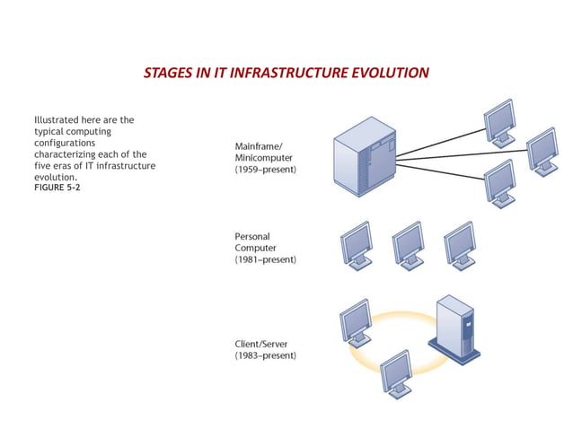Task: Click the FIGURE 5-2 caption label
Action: click(x=57, y=188)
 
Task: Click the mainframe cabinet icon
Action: click(x=364, y=158)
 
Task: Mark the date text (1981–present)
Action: click(x=267, y=259)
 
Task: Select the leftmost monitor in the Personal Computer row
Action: click(x=357, y=245)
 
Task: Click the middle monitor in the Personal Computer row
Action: click(x=408, y=245)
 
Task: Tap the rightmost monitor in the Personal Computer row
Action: click(x=459, y=245)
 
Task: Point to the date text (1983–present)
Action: click(x=267, y=355)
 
